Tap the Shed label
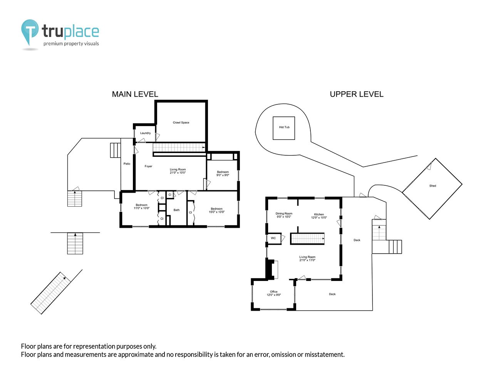point(433,186)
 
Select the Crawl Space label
point(181,123)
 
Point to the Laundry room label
point(145,133)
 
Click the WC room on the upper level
point(273,238)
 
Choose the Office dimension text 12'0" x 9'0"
point(273,295)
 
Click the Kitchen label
point(319,214)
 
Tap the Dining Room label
point(284,214)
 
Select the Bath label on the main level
point(176,210)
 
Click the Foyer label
point(148,166)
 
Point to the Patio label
point(127,164)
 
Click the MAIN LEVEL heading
point(135,94)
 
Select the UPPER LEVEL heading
point(356,94)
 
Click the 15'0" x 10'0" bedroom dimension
point(216,212)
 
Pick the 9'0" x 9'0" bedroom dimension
point(223,175)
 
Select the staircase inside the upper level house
point(307,239)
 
